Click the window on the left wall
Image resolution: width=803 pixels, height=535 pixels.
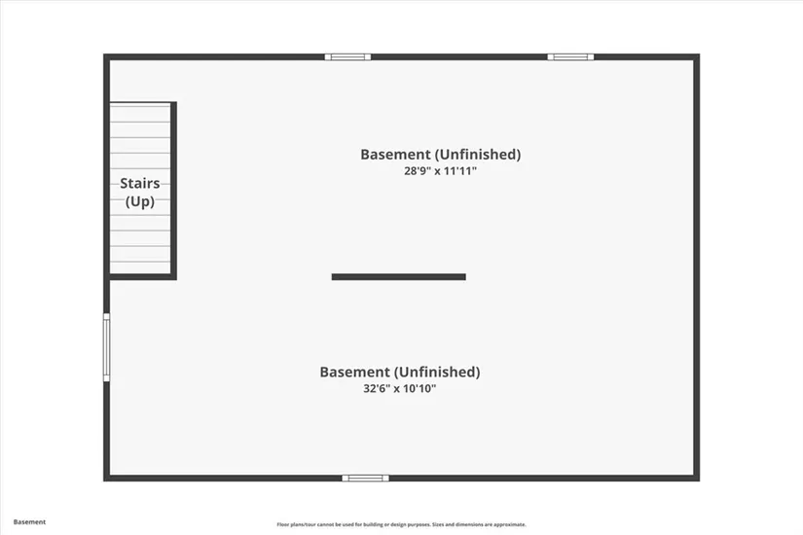coord(106,347)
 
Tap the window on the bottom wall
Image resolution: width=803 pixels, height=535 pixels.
coord(366,479)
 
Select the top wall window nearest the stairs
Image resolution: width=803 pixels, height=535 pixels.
coord(347,56)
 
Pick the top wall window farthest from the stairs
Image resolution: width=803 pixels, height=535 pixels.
coord(570,56)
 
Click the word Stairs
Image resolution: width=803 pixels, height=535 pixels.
coord(140,183)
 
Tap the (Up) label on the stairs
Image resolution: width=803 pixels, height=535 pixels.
coord(140,201)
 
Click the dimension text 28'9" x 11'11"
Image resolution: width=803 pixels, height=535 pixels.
coord(440,171)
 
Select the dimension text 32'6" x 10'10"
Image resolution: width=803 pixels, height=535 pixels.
coord(399,388)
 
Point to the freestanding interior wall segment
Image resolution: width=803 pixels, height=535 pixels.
coord(399,277)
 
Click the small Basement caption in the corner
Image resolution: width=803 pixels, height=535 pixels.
coord(30,522)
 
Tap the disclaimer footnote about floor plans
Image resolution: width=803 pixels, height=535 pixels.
coord(401,524)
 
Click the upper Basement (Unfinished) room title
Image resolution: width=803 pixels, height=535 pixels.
coord(440,154)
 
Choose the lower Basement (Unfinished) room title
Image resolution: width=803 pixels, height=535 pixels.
coord(400,372)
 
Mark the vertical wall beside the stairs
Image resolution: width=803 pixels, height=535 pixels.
coord(173,191)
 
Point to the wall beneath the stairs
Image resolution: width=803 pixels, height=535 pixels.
coord(140,277)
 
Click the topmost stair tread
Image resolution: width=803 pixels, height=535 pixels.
coord(140,114)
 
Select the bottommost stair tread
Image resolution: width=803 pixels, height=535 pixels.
coord(140,267)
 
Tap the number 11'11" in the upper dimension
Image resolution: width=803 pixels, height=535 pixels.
coord(459,171)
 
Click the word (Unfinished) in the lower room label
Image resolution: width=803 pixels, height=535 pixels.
coord(437,372)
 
